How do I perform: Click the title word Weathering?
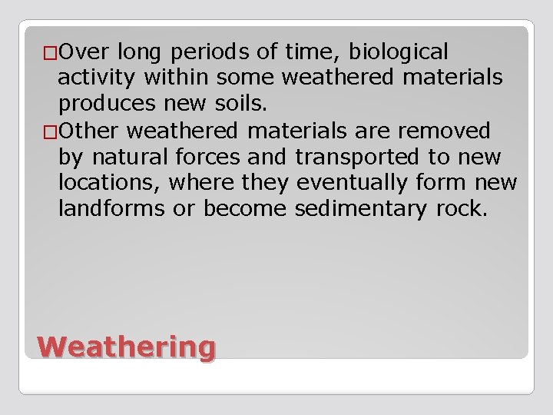tap(126, 347)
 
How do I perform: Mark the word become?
tap(253, 210)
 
